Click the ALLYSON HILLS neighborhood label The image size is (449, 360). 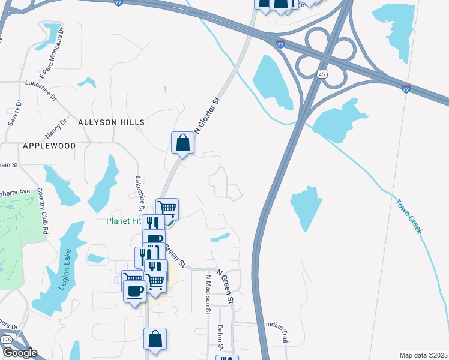111,122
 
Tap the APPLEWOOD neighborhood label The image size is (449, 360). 49,146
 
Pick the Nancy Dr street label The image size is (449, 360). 56,127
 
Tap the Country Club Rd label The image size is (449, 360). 41,206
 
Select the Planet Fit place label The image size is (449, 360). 124,220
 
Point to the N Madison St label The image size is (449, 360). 208,295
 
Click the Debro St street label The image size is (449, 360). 220,338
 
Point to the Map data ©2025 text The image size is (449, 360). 423,355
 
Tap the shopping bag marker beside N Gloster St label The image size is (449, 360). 182,143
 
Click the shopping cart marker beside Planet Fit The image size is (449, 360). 167,209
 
